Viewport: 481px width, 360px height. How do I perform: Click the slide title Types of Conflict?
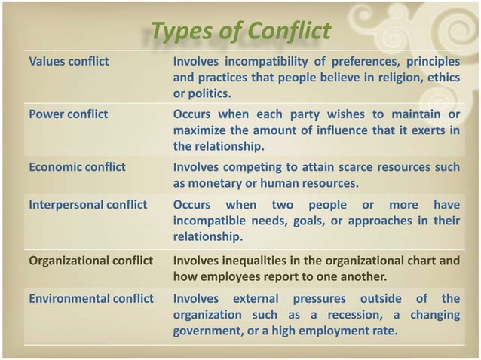[x=240, y=32]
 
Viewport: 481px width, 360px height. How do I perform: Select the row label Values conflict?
[x=69, y=61]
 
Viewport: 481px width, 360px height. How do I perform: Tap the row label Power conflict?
[x=68, y=114]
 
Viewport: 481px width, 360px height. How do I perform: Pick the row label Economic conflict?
[x=77, y=167]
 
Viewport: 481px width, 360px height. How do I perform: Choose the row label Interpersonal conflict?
[x=87, y=206]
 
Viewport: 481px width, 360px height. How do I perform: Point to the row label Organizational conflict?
[x=90, y=261]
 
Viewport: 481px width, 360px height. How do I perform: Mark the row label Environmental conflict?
[x=90, y=298]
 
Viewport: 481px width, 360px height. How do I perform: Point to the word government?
[x=207, y=331]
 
